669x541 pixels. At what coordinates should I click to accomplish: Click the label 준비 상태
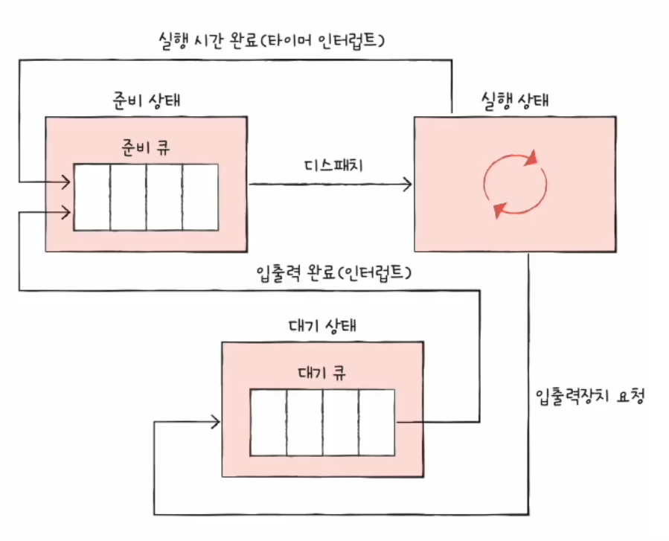click(146, 100)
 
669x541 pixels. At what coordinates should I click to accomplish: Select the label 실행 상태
click(513, 100)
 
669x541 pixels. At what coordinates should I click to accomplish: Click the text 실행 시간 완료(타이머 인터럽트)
click(271, 39)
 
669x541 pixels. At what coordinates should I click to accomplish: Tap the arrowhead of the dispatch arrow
click(408, 184)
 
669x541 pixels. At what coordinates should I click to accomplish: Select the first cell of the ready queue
click(92, 196)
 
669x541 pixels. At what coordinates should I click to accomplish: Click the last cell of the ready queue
click(200, 196)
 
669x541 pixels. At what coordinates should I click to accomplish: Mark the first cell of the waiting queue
click(268, 421)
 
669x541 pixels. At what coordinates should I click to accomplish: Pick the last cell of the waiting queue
click(377, 421)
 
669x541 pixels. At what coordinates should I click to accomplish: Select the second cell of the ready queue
click(128, 196)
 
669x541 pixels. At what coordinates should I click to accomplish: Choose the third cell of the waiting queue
click(341, 421)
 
